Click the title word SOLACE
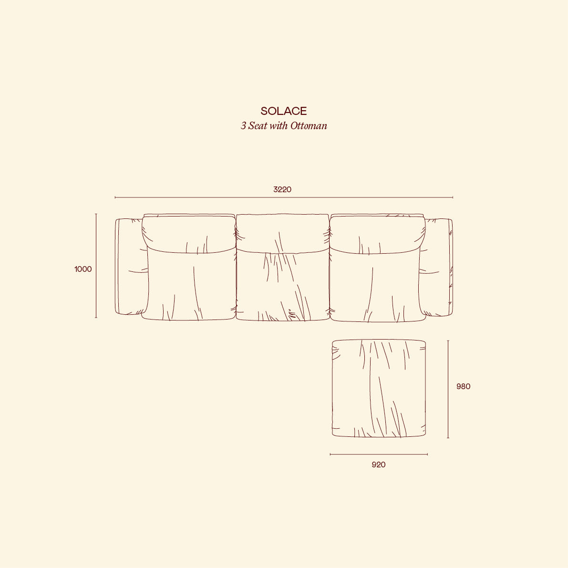coord(284,111)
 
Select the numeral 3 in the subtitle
coord(243,126)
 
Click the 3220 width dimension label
coord(282,189)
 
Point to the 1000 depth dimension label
coord(83,269)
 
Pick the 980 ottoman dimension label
coord(463,386)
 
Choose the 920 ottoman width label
coord(379,465)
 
